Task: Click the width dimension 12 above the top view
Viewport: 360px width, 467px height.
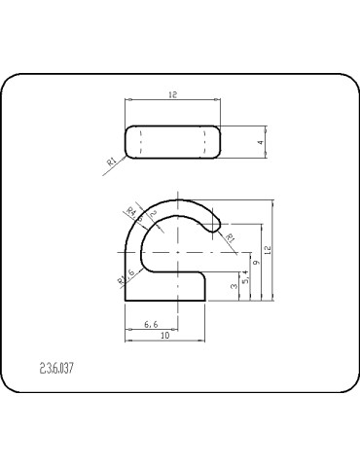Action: (x=172, y=95)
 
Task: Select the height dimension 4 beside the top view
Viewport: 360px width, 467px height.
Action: (x=260, y=142)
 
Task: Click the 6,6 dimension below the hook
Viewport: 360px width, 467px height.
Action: (x=152, y=322)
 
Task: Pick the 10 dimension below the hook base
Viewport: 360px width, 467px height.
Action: (x=165, y=335)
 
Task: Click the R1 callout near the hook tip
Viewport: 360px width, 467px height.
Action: (x=231, y=236)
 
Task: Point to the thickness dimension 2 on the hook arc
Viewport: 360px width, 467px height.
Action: (x=153, y=215)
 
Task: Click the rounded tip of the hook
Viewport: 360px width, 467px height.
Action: (x=219, y=220)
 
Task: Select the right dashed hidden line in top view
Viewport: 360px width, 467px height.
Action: (x=203, y=142)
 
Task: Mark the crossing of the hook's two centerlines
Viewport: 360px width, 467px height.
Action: (x=178, y=251)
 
